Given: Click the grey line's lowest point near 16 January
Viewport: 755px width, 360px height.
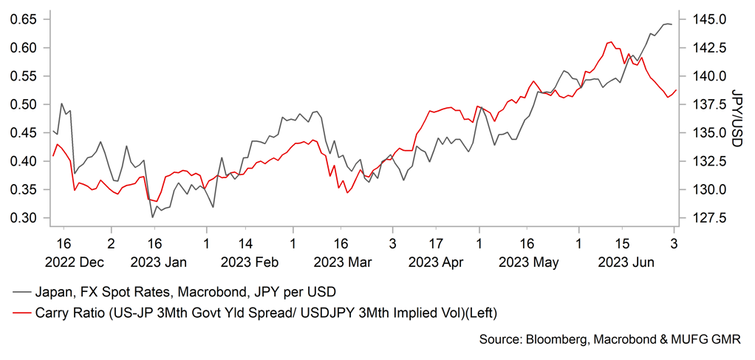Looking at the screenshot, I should point(153,217).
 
